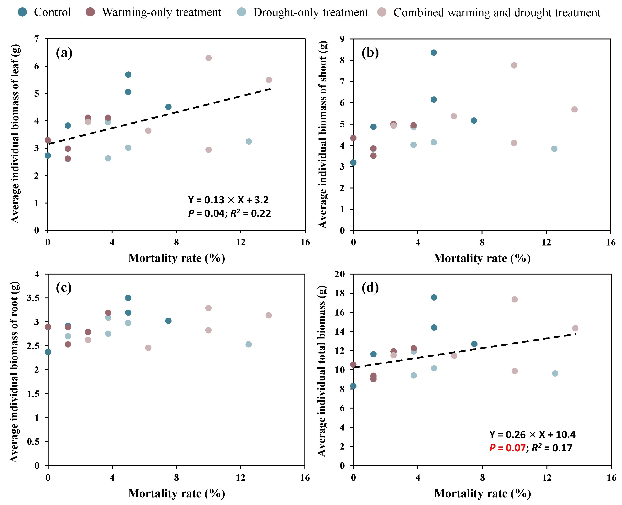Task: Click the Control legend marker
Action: tap(22, 12)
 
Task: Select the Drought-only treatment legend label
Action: tap(311, 13)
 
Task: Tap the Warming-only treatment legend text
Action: tap(161, 13)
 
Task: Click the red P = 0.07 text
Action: tap(507, 448)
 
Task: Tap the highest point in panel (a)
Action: tap(208, 58)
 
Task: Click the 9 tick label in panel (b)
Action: tap(342, 39)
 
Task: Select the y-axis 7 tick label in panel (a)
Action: tap(36, 39)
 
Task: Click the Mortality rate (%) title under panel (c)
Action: tap(177, 494)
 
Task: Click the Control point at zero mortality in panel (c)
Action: tap(48, 352)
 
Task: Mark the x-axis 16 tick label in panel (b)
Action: tap(611, 242)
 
